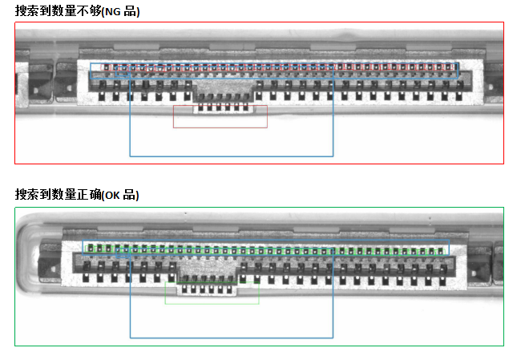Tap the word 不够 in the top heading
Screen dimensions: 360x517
coord(90,12)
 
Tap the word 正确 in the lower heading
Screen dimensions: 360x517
coord(90,195)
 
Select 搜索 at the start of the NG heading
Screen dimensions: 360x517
coord(27,12)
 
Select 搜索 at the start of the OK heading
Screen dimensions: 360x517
coord(27,195)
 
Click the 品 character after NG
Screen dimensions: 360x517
coord(130,12)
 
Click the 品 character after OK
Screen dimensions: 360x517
coord(130,195)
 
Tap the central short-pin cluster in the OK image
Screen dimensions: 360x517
coord(208,282)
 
